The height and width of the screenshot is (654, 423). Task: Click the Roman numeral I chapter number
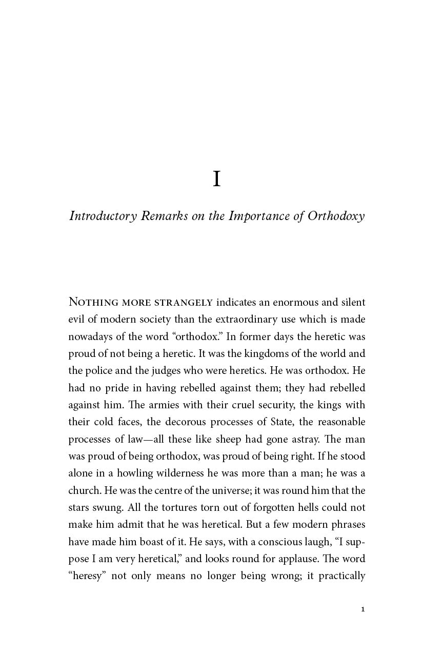217,179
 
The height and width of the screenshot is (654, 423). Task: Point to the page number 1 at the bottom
363,609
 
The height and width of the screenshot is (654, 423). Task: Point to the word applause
288,559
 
